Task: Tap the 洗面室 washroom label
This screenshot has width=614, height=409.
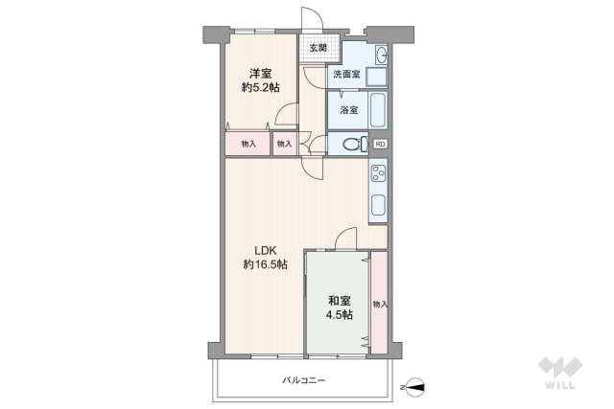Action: coord(345,75)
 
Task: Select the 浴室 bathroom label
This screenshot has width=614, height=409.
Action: coord(347,109)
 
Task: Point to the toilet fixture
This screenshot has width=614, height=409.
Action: coord(350,146)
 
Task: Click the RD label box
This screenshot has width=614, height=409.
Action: coord(381,145)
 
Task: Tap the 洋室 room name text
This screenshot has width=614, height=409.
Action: coord(261,73)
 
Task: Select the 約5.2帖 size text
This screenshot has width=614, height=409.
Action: coord(261,88)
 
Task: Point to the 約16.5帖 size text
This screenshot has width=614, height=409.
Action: coord(265,264)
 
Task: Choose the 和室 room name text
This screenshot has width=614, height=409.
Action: coord(337,299)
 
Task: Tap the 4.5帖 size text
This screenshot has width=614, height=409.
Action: coord(337,314)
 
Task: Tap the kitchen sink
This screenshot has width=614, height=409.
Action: coord(378,205)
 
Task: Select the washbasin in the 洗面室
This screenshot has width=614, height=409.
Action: coord(379,54)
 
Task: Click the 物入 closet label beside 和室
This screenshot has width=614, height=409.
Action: coord(380,304)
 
